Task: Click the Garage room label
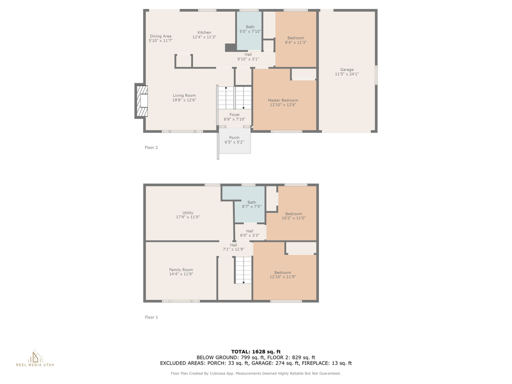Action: [x=347, y=69]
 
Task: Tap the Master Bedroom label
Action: [x=283, y=100]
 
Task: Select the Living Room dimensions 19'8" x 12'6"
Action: [x=184, y=100]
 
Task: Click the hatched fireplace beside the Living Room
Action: [x=141, y=101]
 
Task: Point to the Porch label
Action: [x=234, y=138]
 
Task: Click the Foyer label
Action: [x=234, y=114]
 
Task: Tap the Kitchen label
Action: [x=204, y=32]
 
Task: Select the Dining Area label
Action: [x=160, y=36]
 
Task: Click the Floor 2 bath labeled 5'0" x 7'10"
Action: [x=249, y=30]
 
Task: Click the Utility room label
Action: [x=188, y=212]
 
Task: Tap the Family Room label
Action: [x=181, y=269]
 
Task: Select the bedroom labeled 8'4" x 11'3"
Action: [x=296, y=39]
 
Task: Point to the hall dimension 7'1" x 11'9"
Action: [x=233, y=249]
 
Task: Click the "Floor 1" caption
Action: [x=151, y=317]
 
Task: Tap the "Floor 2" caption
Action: [x=151, y=147]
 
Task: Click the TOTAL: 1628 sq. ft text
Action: [x=256, y=351]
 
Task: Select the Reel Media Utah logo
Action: [x=35, y=358]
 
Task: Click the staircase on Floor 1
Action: [x=243, y=270]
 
